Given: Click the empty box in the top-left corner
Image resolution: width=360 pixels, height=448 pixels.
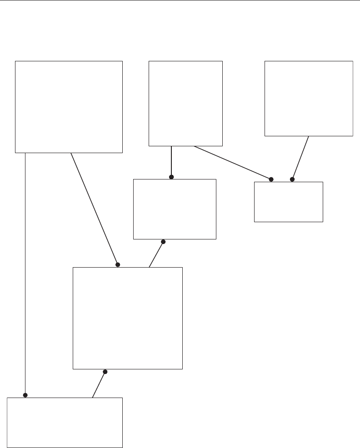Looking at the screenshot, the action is click(69, 106).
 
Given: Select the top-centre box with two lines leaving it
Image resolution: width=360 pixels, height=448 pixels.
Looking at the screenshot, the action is click(185, 103).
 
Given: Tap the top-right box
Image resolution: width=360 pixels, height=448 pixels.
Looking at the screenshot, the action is click(309, 98).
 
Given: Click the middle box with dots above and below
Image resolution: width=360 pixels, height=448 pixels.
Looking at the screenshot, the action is click(174, 209).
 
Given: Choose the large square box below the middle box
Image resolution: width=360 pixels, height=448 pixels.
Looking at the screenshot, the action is click(128, 318).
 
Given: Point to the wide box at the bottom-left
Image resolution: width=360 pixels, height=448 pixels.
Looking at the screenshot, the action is click(65, 423).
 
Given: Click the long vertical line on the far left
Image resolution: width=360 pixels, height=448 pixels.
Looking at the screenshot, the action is click(25, 273).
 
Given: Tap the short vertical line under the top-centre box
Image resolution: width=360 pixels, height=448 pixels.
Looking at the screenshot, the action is click(171, 161).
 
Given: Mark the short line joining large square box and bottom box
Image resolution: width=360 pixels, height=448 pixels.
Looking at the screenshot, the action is click(99, 384).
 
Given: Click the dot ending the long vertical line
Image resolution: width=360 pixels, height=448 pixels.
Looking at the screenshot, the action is click(25, 395).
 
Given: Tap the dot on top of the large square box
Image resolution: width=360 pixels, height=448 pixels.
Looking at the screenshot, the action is click(117, 264).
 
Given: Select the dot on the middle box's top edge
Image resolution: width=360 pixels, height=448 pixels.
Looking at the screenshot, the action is click(171, 177).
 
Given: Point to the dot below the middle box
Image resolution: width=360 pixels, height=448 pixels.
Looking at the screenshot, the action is click(163, 242).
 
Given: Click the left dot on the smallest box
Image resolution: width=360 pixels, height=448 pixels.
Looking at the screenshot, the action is click(271, 179).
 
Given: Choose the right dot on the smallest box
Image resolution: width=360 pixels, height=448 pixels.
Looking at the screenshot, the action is click(292, 179).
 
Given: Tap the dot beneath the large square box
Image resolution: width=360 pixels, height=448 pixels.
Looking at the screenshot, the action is click(105, 372).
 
